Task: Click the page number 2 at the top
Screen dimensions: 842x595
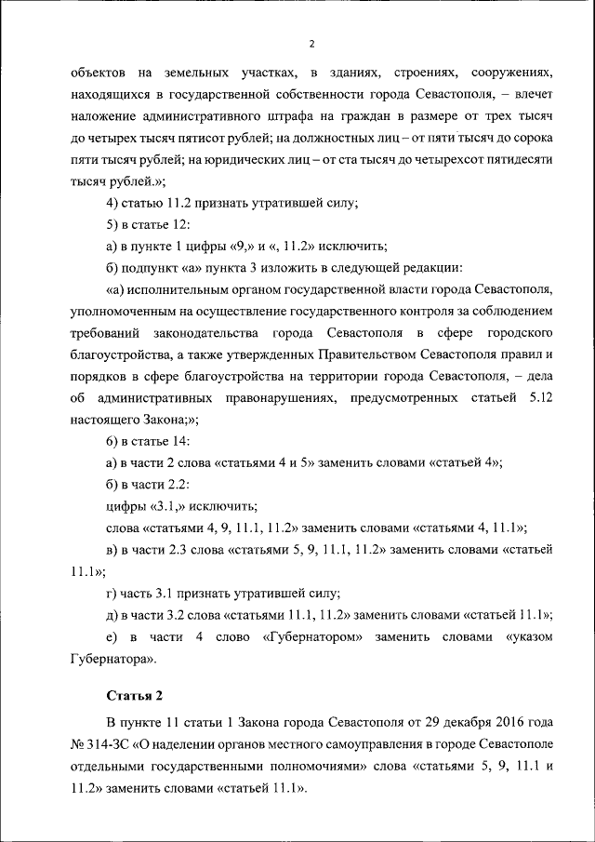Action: point(312,44)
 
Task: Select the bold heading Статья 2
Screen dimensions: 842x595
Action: point(134,695)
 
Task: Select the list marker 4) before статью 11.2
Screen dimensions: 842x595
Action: point(114,203)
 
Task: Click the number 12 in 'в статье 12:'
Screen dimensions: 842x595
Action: point(179,225)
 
